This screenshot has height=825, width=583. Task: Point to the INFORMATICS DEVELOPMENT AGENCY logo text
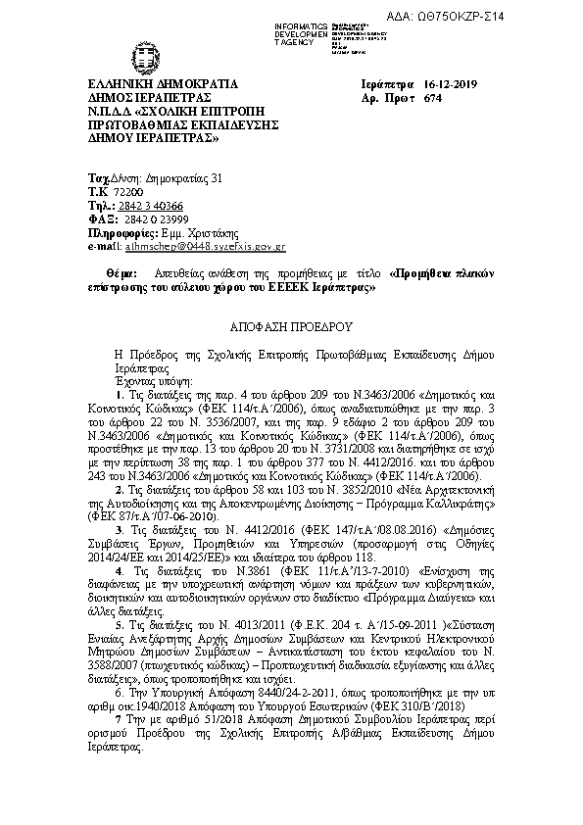pyautogui.click(x=304, y=32)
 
